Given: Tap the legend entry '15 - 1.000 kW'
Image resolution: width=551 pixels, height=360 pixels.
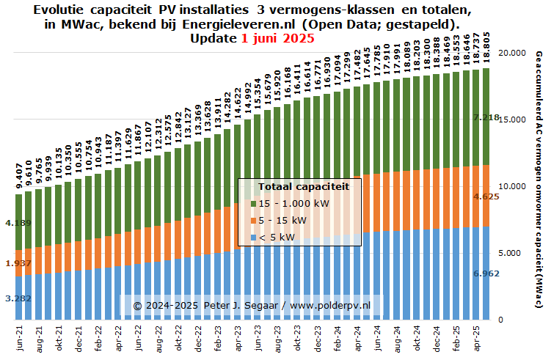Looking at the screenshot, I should tap(291, 203).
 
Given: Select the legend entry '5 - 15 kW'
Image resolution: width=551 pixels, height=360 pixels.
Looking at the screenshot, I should tap(283, 220).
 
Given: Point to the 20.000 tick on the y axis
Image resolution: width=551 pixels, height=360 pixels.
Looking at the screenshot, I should tap(509, 54).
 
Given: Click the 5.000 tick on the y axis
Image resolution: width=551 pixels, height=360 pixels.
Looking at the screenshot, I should tap(508, 253).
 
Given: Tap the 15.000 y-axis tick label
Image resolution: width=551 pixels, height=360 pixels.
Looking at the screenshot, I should tap(509, 120).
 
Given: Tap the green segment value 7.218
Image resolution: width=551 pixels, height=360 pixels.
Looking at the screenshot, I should tap(486, 117).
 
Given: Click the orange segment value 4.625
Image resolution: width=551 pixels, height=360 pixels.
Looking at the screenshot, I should tap(486, 196).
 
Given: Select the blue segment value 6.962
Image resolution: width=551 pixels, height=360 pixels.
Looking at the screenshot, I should tap(486, 273).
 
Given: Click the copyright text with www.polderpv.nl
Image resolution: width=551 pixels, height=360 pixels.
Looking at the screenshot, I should tap(252, 304).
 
